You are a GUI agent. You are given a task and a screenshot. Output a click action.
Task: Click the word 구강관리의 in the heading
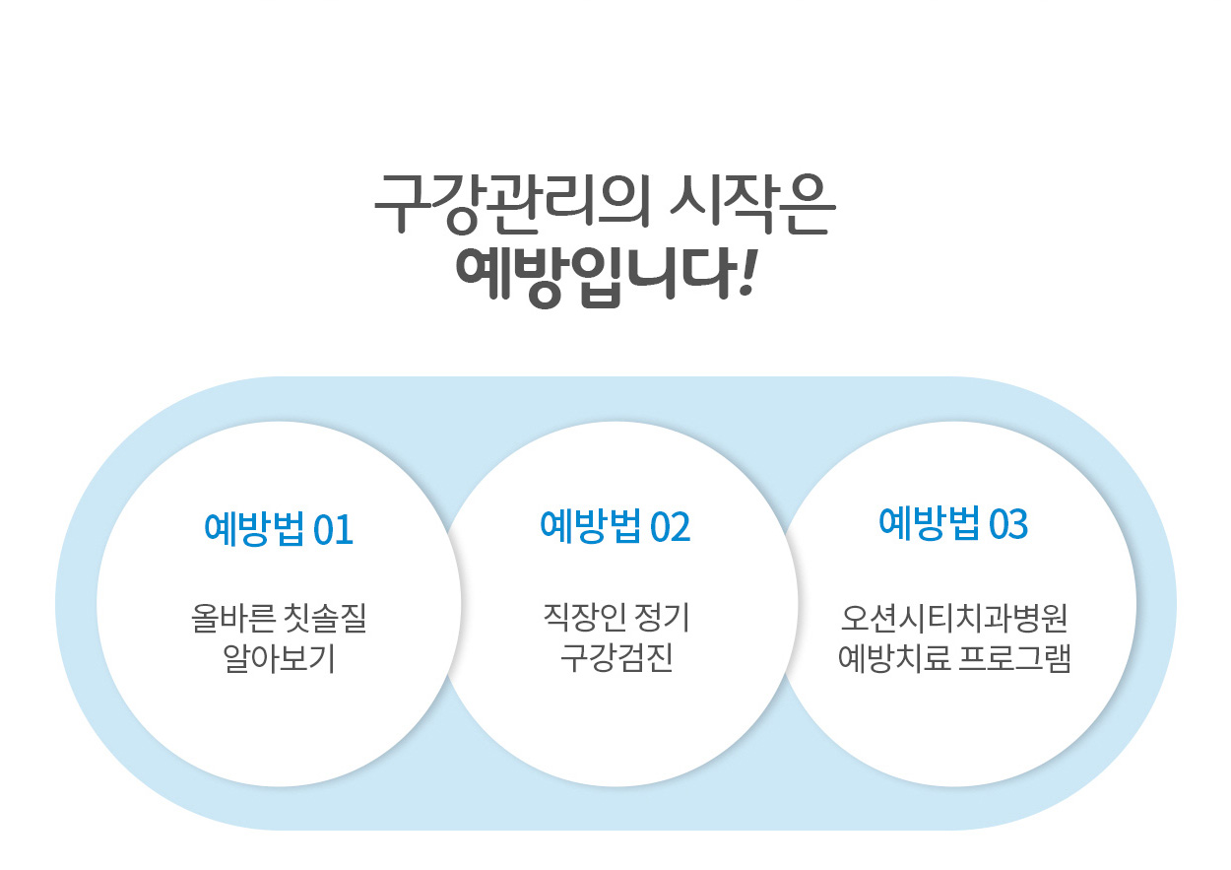click(512, 204)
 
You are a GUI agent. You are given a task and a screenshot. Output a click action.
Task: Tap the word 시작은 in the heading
click(752, 204)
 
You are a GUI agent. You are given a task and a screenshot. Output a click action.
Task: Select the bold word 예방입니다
click(596, 277)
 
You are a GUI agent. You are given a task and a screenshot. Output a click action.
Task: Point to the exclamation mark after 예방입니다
click(747, 273)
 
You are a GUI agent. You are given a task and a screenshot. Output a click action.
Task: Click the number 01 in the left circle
click(333, 530)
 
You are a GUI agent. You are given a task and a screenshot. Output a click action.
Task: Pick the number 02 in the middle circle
click(670, 527)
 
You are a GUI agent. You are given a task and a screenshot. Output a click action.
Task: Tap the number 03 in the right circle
click(1008, 523)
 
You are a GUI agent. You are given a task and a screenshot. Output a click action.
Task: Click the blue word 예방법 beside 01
click(254, 529)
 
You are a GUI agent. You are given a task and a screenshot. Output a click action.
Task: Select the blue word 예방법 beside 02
click(591, 526)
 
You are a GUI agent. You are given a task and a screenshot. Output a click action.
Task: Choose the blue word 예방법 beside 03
click(930, 523)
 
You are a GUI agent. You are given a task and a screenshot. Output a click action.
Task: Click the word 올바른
click(233, 618)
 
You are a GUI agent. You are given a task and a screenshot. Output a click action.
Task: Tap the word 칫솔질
click(325, 618)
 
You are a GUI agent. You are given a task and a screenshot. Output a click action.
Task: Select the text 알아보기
click(279, 658)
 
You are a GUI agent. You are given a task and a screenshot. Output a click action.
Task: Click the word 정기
click(662, 618)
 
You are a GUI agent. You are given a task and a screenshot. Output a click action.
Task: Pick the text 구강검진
click(616, 658)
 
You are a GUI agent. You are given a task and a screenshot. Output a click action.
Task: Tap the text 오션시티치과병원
click(954, 618)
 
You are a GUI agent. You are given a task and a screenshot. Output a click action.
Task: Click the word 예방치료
click(894, 658)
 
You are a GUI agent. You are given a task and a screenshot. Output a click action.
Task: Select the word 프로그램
click(1015, 658)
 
